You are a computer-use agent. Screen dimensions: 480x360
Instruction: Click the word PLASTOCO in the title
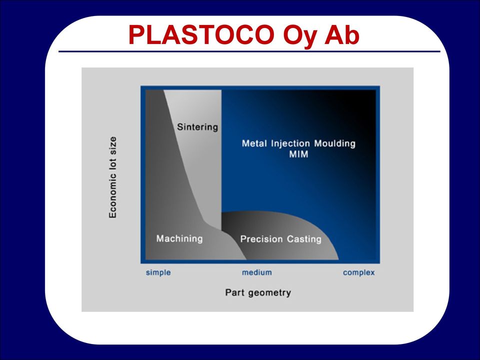pos(201,34)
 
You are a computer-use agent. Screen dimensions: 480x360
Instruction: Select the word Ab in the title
pos(342,34)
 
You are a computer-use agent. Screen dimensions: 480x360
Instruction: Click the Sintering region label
pos(197,127)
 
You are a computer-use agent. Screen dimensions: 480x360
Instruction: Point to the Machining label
pos(179,238)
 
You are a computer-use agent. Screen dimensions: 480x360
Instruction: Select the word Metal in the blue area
pos(254,143)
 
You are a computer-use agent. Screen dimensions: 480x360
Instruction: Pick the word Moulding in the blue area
pos(335,143)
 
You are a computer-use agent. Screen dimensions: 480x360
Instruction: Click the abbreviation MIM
pos(299,154)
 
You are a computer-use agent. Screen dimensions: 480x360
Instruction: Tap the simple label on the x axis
pos(158,272)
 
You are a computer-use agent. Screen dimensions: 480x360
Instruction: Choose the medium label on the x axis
pos(257,272)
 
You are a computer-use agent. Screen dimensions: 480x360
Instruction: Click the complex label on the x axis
pos(359,272)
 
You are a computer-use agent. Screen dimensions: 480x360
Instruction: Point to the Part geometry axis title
pos(258,292)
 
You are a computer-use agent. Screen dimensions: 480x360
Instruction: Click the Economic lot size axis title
pos(112,177)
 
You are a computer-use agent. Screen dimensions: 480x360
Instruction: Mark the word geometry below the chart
pos(269,293)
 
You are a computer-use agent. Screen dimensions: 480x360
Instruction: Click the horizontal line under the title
pos(249,51)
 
